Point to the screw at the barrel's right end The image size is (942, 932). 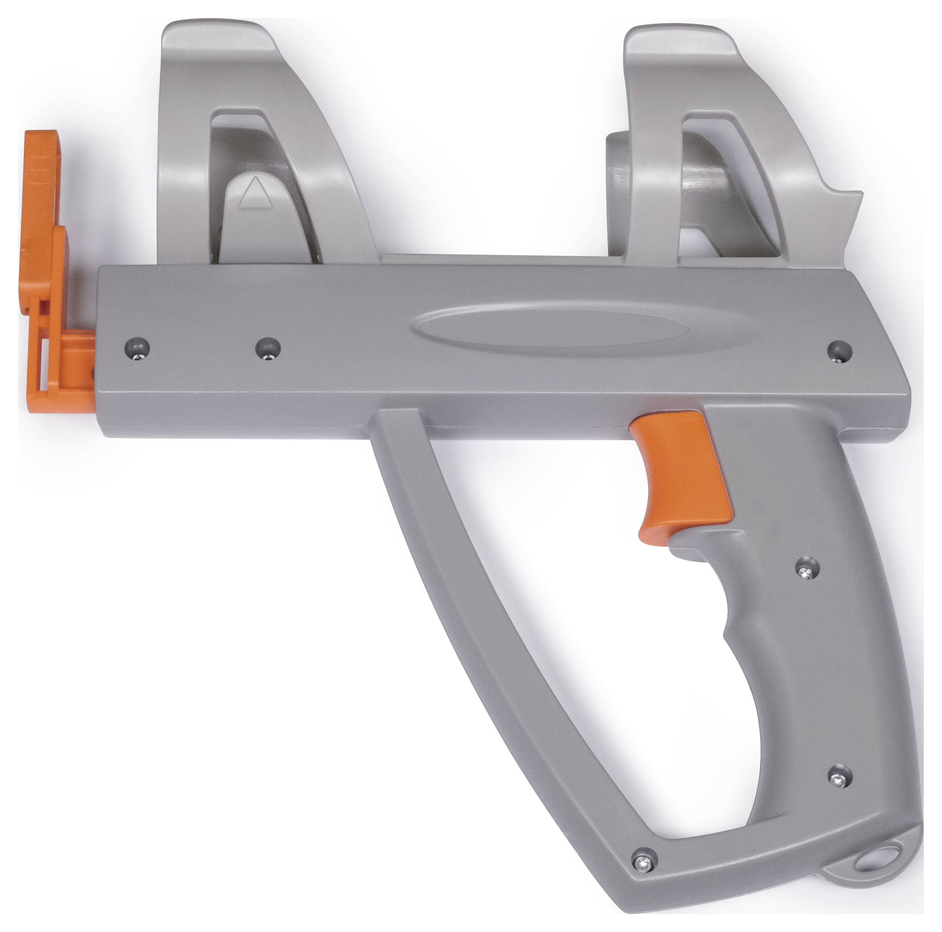tap(840, 350)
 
